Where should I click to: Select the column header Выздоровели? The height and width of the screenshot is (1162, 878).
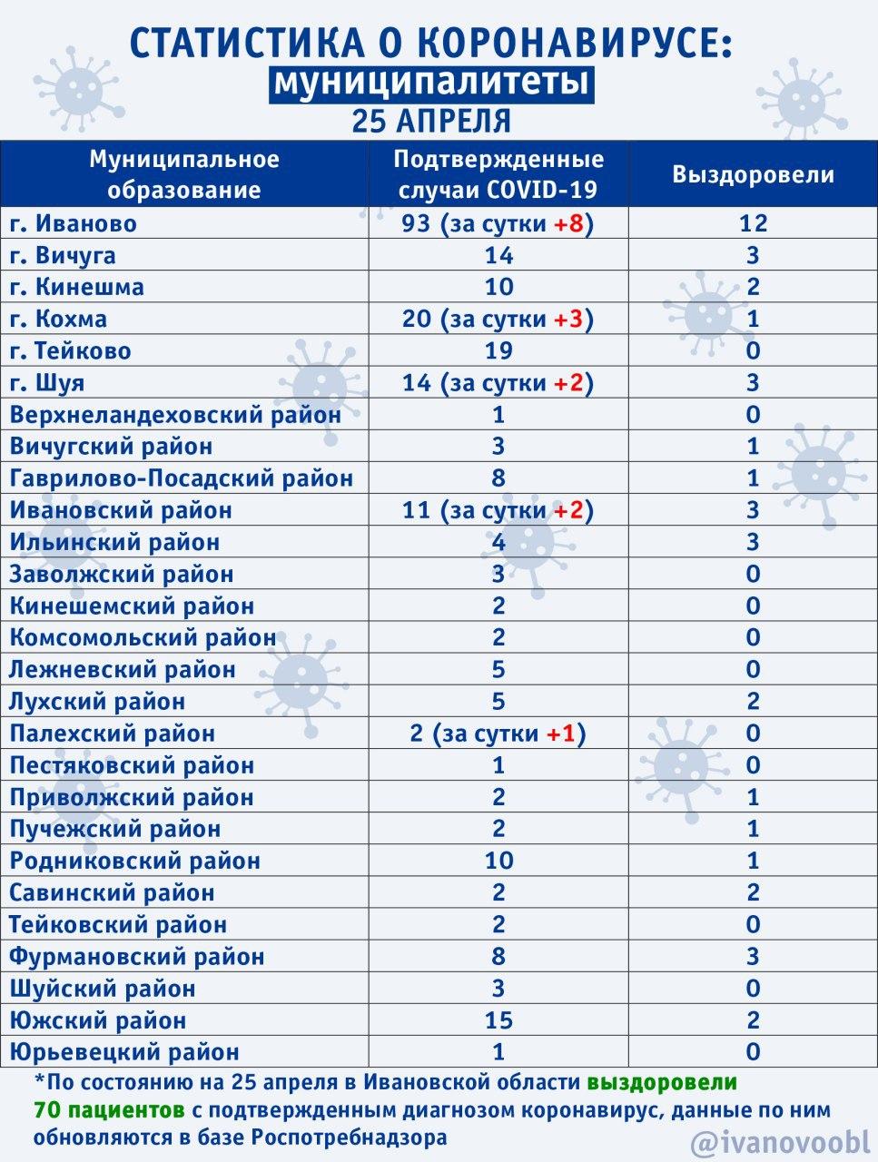tap(753, 174)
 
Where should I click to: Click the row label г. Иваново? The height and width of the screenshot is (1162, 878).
tap(73, 223)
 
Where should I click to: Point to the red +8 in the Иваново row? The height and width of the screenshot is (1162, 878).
tap(570, 223)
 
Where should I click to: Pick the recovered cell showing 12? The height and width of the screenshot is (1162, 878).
tap(753, 223)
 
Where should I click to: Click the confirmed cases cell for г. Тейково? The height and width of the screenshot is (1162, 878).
tap(498, 350)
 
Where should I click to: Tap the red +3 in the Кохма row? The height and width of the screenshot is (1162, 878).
tap(570, 319)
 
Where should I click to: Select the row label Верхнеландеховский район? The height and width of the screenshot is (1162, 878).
tap(175, 415)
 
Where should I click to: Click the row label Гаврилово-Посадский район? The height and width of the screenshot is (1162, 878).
tap(181, 478)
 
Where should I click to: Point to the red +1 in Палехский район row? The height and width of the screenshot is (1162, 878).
tap(563, 734)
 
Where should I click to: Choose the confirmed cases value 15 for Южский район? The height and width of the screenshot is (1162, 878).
tap(498, 1020)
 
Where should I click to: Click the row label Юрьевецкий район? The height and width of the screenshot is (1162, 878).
tap(124, 1052)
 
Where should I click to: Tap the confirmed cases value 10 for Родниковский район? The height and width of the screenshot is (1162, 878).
tap(498, 861)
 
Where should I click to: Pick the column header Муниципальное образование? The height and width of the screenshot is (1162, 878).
tap(184, 174)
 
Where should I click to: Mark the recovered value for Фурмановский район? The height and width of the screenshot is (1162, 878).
tap(753, 956)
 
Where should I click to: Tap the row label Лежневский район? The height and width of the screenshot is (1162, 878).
tap(123, 670)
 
